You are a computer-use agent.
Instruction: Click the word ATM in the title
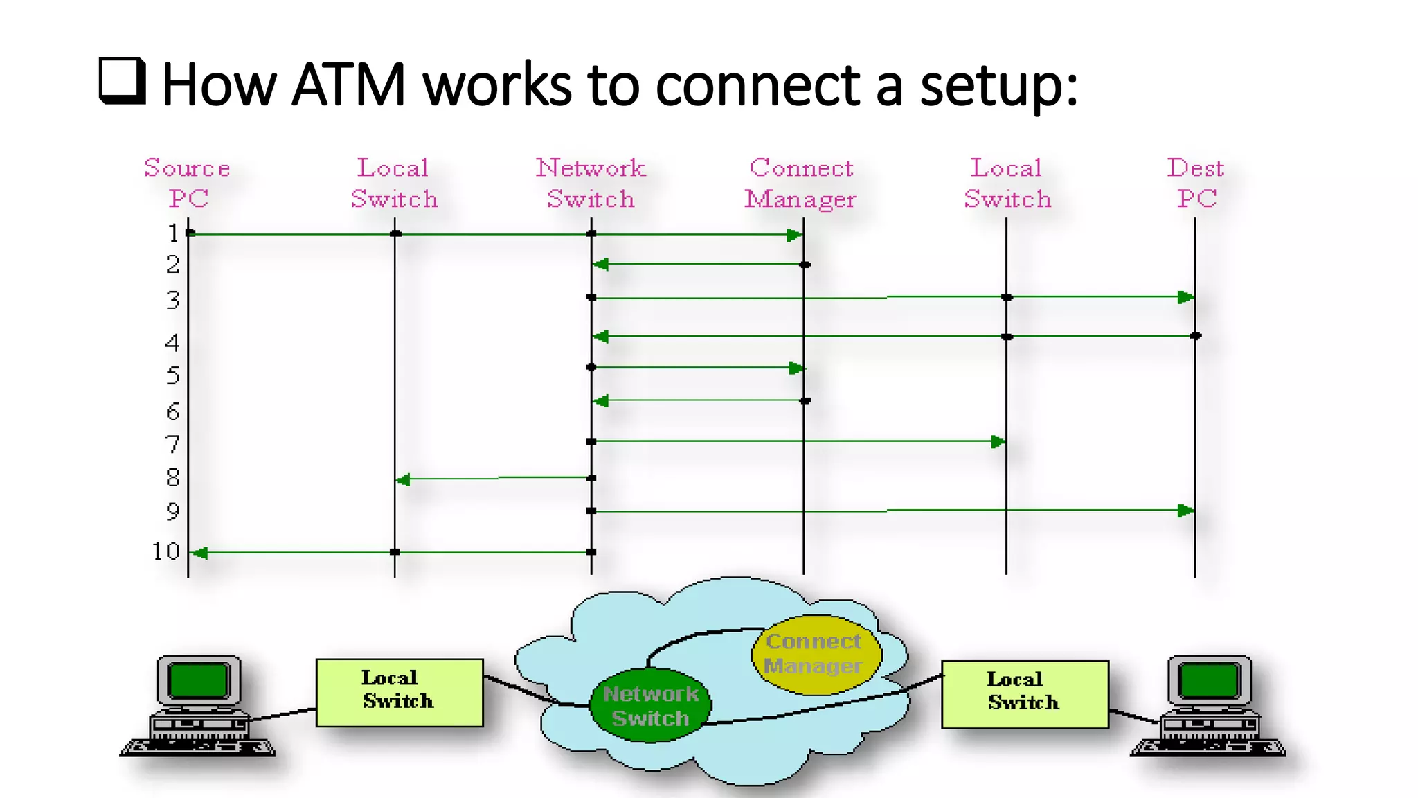348,85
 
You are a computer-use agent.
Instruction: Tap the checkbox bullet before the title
123,81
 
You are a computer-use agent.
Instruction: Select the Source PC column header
187,183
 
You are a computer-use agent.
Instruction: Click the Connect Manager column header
801,183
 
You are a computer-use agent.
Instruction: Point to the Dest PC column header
1196,183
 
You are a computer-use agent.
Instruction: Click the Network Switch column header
591,183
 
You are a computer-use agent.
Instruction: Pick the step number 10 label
166,551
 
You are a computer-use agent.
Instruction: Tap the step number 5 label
173,376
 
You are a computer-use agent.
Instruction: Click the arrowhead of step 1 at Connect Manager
794,236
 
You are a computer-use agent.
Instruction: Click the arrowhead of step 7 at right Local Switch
998,442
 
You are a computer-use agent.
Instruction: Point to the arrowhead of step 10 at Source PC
200,553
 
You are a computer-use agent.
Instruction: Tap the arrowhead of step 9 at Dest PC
1185,511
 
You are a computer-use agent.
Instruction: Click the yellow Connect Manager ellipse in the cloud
816,654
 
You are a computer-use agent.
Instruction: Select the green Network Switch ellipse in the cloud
649,706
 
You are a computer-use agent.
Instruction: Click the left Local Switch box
399,692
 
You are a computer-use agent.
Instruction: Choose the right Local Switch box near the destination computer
1024,694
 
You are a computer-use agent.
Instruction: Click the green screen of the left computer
199,680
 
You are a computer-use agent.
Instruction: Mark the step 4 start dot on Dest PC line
1195,336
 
